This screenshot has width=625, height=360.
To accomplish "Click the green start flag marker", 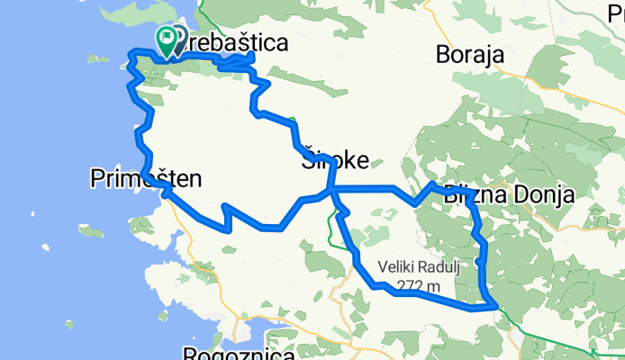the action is [166, 39].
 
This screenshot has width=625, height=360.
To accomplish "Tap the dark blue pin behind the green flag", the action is [177, 38].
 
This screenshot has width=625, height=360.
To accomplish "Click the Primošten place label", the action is [146, 178].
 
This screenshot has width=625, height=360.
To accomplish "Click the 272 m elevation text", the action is [418, 286].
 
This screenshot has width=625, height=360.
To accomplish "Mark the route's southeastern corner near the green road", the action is [494, 307].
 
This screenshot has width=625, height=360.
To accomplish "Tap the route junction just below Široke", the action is [331, 190].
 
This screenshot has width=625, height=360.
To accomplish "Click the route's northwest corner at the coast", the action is [132, 53].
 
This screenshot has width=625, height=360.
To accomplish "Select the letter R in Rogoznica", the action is [189, 354].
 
